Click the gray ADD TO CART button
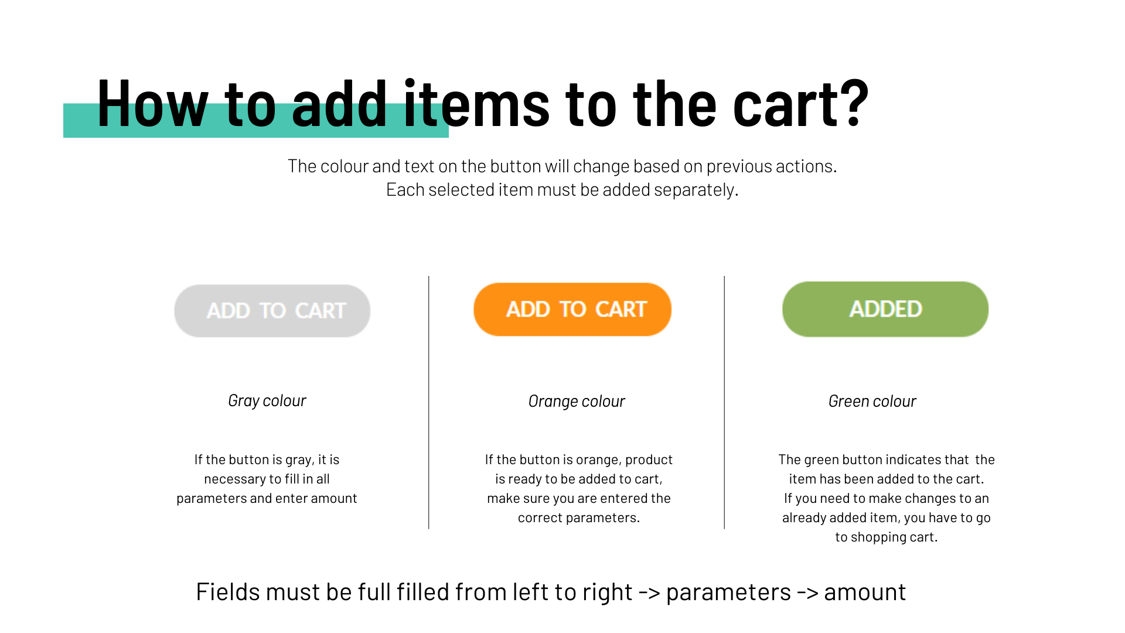point(272,311)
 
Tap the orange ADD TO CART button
point(572,309)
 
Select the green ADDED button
point(885,309)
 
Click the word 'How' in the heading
point(153,104)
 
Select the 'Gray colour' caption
point(267,401)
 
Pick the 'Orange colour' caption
point(577,401)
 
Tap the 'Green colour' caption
point(872,401)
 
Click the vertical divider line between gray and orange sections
point(429,403)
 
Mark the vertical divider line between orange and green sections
point(724,403)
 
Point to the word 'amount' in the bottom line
point(865,593)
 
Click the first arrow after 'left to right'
point(649,593)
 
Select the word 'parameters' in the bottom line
point(728,593)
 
